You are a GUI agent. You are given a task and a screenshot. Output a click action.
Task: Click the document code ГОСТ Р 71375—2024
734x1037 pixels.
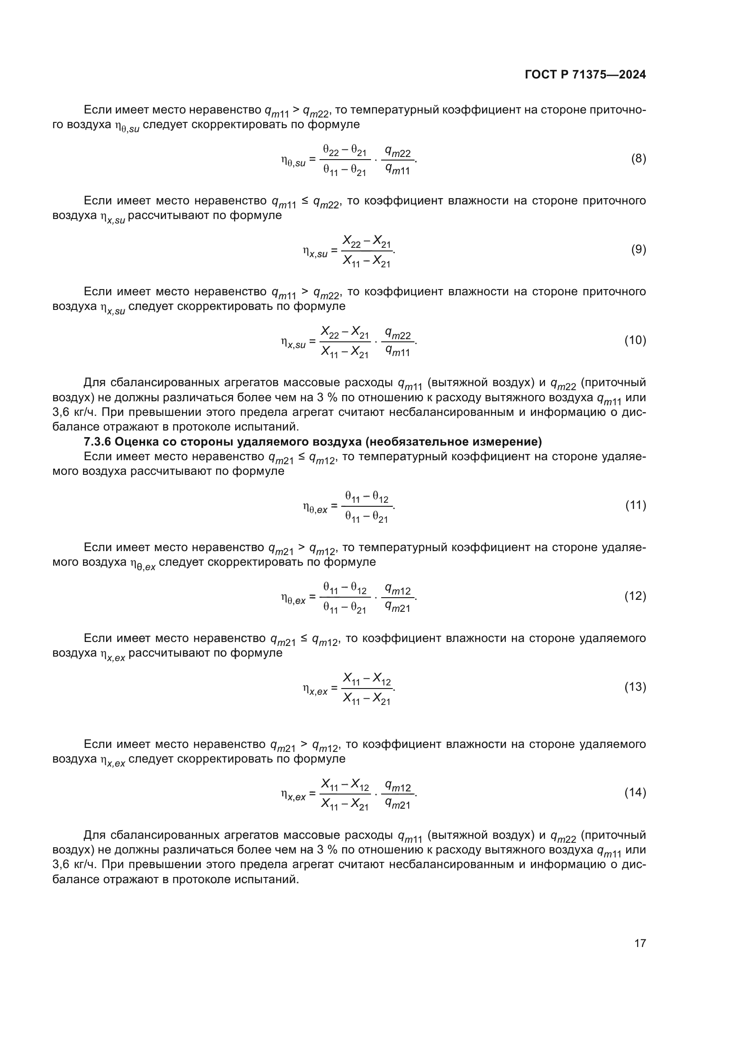(585, 75)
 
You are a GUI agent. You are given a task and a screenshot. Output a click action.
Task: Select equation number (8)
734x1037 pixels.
(638, 159)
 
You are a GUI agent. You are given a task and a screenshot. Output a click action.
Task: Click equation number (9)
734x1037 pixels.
(638, 249)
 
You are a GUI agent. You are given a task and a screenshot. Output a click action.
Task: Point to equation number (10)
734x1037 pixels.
(635, 340)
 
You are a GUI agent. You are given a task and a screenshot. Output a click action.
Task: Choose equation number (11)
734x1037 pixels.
(635, 505)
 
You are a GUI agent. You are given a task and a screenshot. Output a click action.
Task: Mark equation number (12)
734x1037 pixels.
(635, 596)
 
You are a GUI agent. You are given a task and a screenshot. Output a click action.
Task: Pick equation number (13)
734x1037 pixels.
(635, 687)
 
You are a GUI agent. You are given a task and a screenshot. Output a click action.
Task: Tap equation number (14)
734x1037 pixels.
(635, 792)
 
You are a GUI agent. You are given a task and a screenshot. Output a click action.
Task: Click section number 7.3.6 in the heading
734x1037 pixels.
(97, 441)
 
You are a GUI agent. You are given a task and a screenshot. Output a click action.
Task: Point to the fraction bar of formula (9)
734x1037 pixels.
(367, 251)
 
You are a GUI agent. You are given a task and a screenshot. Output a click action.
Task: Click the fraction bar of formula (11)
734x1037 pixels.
(367, 507)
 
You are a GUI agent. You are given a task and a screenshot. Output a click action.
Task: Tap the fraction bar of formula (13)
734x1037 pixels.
(367, 689)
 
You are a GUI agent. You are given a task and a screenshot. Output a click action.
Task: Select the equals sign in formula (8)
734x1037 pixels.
(312, 160)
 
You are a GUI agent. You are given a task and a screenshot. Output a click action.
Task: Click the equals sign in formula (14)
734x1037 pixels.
(312, 793)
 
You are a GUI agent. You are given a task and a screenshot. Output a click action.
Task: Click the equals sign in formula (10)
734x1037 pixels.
(312, 341)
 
